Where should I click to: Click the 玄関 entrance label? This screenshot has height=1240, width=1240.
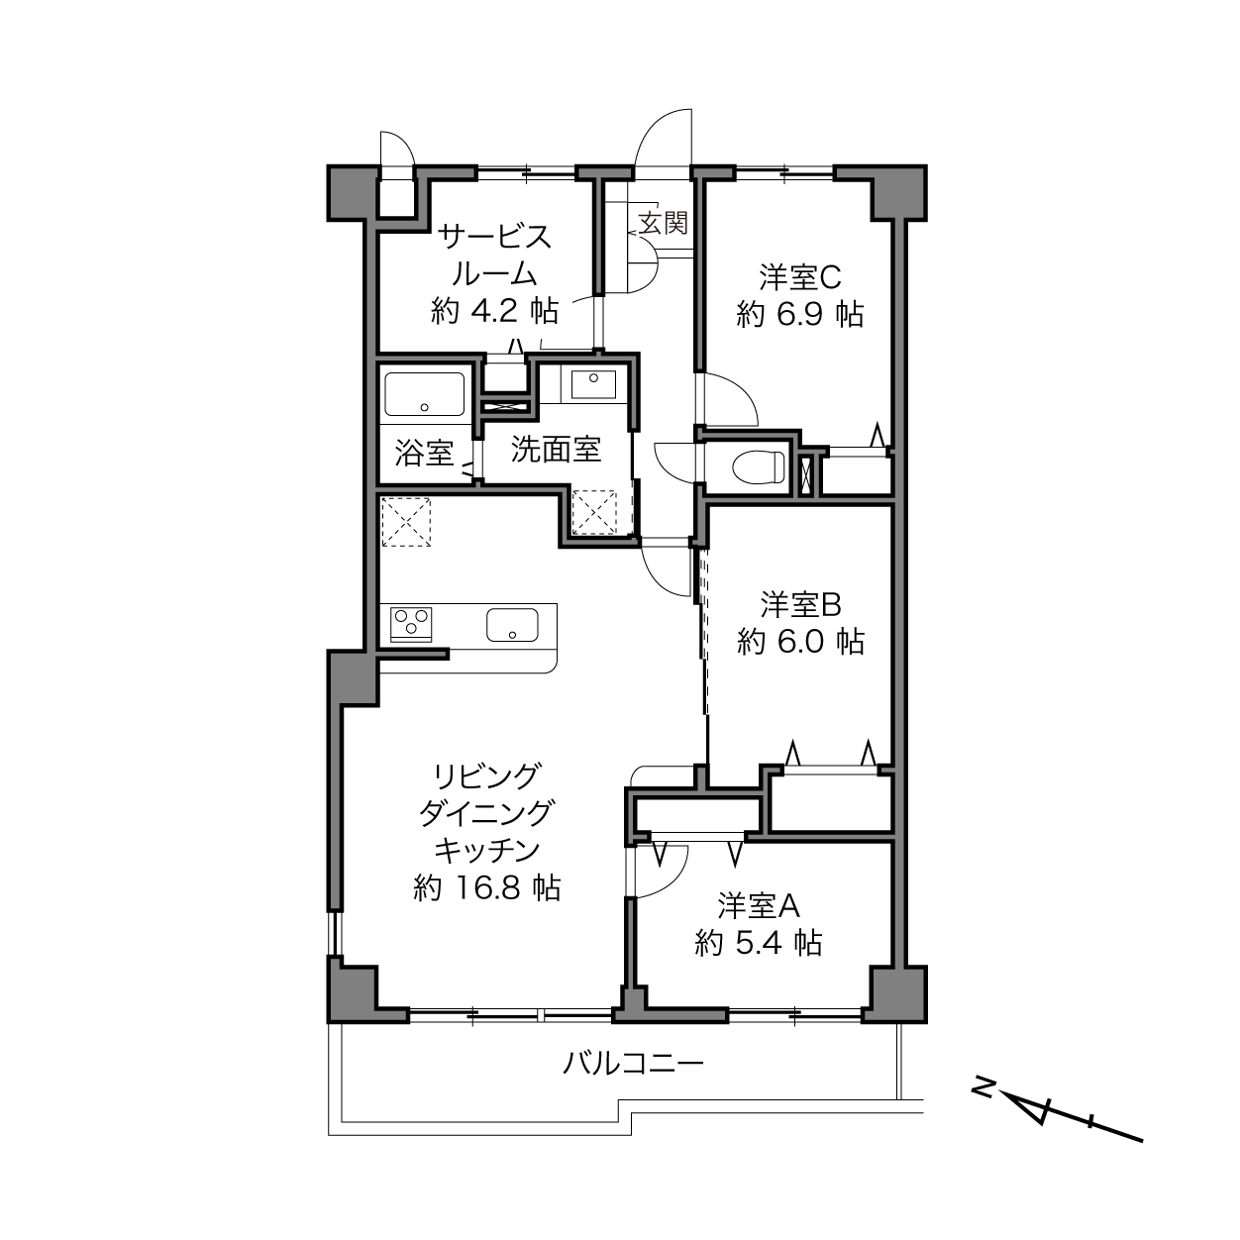click(664, 223)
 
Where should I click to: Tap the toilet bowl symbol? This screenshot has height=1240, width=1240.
click(760, 466)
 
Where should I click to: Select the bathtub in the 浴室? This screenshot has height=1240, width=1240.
click(425, 394)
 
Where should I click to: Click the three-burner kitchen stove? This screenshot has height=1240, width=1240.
click(411, 624)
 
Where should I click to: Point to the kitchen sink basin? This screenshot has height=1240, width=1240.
click(512, 625)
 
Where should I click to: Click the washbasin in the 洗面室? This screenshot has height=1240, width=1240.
click(593, 384)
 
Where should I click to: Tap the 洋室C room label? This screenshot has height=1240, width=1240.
click(800, 277)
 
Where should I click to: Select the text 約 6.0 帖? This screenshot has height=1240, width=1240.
click(800, 642)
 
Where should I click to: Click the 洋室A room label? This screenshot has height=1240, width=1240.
click(759, 906)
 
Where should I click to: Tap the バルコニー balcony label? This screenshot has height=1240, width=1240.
click(633, 1064)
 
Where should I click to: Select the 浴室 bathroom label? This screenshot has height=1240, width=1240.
click(425, 453)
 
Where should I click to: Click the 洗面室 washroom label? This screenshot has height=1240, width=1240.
click(556, 450)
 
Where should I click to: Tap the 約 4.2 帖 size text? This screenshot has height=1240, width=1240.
click(494, 312)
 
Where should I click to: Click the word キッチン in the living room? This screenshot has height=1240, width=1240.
click(487, 851)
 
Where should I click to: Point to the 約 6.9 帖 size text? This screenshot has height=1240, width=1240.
click(800, 315)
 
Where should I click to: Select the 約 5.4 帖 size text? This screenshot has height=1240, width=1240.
click(759, 943)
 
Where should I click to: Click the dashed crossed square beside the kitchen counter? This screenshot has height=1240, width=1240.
click(406, 522)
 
